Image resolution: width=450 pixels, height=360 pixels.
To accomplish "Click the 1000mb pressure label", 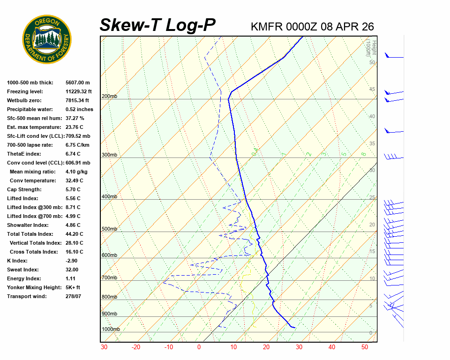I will coord(111,329).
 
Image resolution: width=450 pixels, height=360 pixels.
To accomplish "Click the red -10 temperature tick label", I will coord(168,347).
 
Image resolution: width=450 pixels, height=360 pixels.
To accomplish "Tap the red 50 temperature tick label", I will coord(364,347).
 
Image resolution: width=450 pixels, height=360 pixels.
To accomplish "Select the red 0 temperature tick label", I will coord(199,347).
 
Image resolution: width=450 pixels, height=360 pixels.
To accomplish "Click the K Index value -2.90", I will coord(72,261).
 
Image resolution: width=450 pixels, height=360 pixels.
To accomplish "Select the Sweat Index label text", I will coord(22,270).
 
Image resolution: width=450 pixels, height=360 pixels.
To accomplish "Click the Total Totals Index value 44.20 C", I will coord(75,234).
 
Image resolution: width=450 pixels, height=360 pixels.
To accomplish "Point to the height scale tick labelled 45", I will coord(372,89).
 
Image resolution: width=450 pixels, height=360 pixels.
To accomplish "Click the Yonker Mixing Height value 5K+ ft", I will coord(73,287).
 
